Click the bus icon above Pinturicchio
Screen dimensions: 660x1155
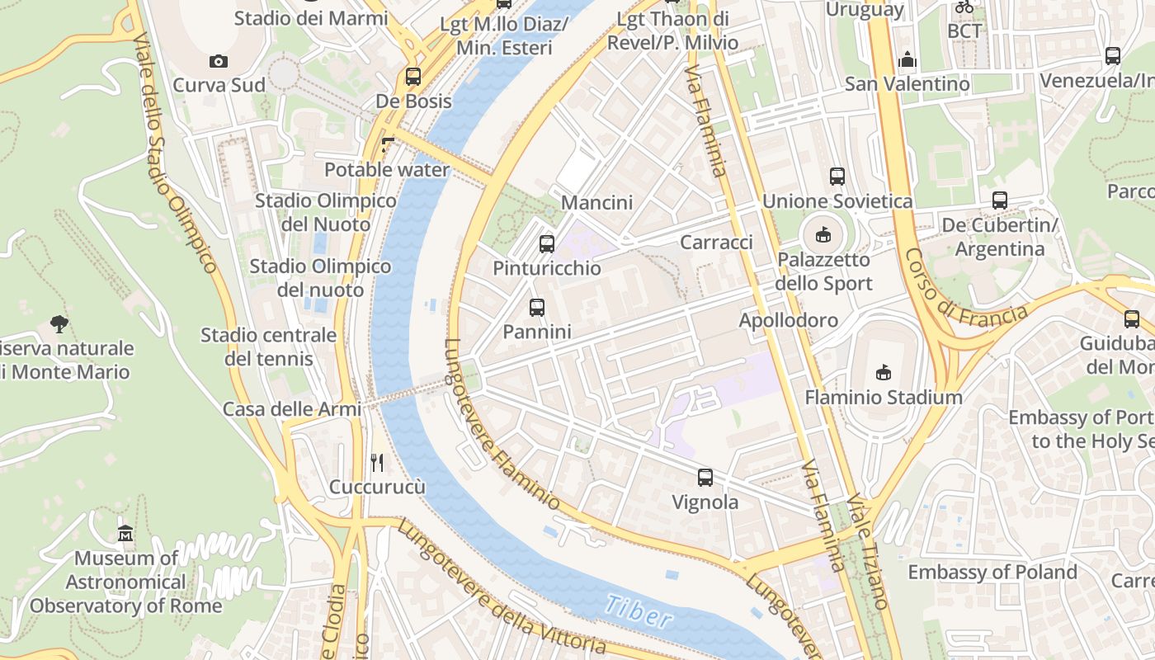(x=546, y=243)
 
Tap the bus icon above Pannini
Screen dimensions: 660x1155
(x=537, y=308)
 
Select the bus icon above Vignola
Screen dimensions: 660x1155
(x=705, y=478)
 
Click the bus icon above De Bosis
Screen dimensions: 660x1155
(x=413, y=77)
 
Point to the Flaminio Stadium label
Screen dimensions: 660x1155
(x=884, y=398)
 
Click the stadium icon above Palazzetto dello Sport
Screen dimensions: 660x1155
(x=823, y=235)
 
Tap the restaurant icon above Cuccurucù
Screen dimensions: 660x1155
(x=377, y=462)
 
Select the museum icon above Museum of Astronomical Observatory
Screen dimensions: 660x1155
(x=125, y=534)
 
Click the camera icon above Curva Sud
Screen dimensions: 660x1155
(x=219, y=61)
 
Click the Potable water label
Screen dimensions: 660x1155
(x=387, y=170)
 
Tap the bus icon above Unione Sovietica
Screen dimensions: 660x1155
(x=837, y=177)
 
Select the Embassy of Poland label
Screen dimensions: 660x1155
(x=992, y=572)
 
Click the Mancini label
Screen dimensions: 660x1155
(x=596, y=202)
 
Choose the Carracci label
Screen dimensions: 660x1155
(x=716, y=242)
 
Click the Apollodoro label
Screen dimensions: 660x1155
(x=788, y=320)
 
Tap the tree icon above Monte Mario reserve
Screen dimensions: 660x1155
(x=59, y=323)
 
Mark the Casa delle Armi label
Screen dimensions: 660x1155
(x=292, y=409)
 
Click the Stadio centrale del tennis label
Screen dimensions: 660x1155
(x=269, y=346)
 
